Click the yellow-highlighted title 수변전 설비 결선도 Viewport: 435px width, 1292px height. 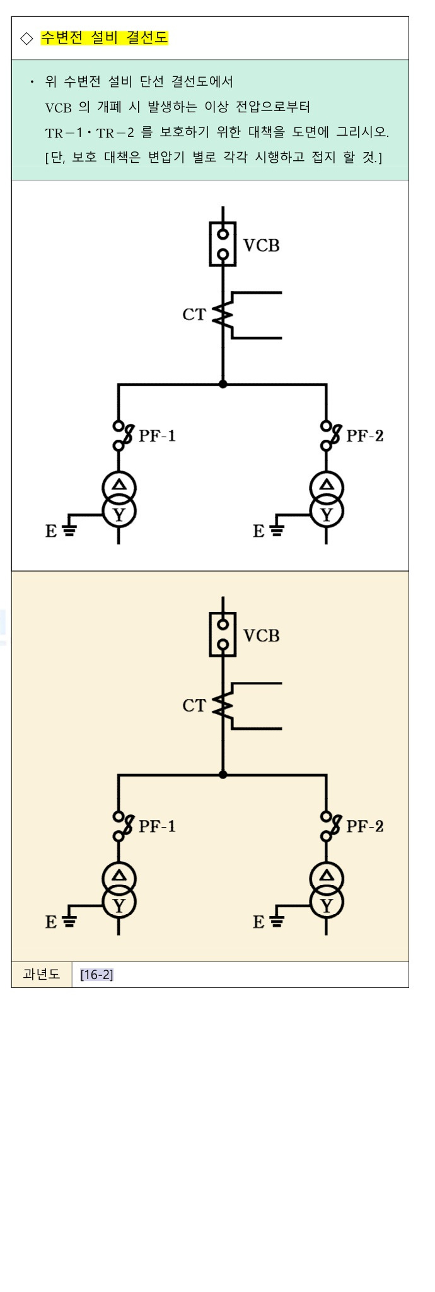(x=105, y=38)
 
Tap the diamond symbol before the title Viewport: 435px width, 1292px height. (x=26, y=38)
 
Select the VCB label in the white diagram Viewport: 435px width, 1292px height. (x=261, y=245)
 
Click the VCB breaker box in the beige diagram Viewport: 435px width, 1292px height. (x=223, y=634)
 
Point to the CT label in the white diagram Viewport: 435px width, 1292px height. (x=194, y=314)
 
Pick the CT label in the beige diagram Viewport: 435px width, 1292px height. (x=194, y=705)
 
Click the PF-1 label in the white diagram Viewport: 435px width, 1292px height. (x=157, y=435)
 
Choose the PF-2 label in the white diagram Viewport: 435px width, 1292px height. (x=365, y=435)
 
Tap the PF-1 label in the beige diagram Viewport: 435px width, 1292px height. (x=157, y=826)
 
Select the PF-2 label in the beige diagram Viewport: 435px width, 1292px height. (x=365, y=826)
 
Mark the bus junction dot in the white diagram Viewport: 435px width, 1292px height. (x=223, y=384)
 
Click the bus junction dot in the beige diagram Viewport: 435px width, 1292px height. (x=223, y=774)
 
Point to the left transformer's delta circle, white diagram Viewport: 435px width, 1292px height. (x=119, y=486)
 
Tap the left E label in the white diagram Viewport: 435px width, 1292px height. (x=51, y=531)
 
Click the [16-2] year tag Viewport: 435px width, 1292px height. (x=96, y=975)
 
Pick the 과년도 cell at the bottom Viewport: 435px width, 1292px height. (x=42, y=974)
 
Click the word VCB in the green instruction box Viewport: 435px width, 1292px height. (x=59, y=107)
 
